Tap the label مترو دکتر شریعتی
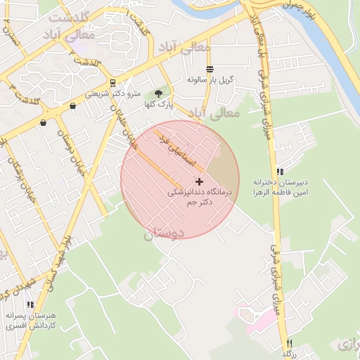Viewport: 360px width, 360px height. (x=113, y=94)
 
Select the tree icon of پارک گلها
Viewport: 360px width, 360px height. (x=158, y=93)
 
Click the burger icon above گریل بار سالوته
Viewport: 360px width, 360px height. (x=210, y=69)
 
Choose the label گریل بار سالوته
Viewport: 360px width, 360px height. (x=210, y=80)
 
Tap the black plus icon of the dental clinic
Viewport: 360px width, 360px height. (x=199, y=181)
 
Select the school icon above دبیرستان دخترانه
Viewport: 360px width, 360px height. (x=280, y=172)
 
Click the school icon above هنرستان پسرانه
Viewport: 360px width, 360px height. (x=30, y=304)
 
